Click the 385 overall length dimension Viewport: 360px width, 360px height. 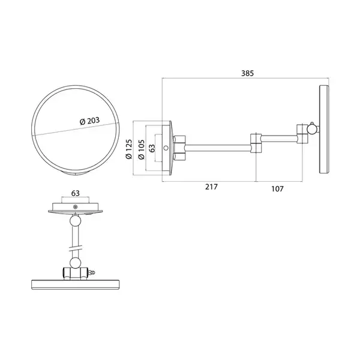247,73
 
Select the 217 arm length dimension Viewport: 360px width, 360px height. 211,187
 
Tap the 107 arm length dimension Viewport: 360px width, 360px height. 277,189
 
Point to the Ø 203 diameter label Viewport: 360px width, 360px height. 89,121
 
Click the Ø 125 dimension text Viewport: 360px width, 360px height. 129,149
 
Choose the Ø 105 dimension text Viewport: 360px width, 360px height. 141,149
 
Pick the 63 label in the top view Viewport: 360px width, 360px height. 76,193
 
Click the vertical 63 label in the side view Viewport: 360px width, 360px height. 152,148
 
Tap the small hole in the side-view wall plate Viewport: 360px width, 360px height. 166,148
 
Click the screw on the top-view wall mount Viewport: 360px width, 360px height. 75,207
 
